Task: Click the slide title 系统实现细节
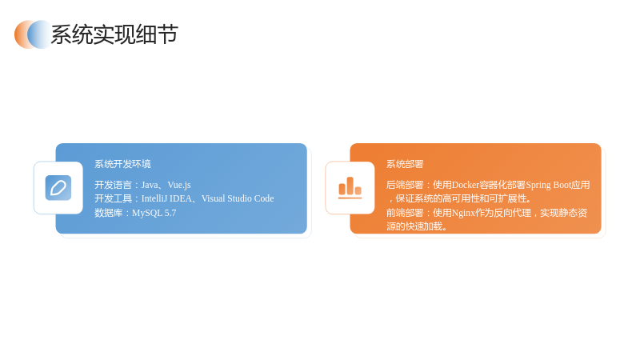pos(114,34)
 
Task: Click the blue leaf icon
pos(58,188)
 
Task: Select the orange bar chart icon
pos(350,188)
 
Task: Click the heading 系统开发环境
pos(122,164)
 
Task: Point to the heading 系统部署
pos(405,164)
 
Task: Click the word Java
pos(150,185)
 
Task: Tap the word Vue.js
pos(179,186)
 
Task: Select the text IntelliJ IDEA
pos(166,198)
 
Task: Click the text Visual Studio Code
pos(238,198)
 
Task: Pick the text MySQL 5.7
pos(154,213)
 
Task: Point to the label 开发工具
pos(113,198)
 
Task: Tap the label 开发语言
pos(113,185)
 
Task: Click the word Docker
pos(466,185)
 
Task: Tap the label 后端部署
pos(405,185)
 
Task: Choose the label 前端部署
pos(405,213)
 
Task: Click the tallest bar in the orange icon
pos(350,186)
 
